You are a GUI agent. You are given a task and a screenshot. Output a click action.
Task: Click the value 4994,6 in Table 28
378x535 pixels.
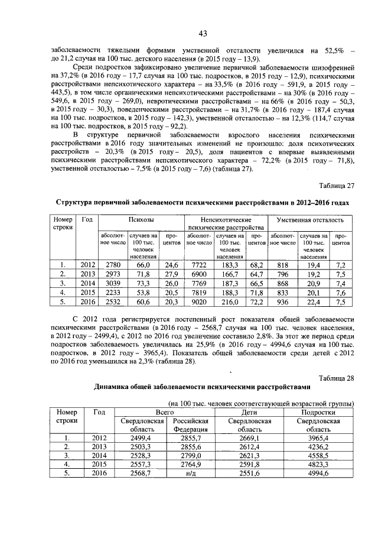tap(320, 474)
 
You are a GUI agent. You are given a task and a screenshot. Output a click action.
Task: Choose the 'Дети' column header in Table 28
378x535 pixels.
tap(249, 411)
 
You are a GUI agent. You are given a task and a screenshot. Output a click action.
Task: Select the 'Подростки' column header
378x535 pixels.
tap(320, 411)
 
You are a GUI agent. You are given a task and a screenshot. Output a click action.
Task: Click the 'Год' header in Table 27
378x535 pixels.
tap(87, 219)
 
